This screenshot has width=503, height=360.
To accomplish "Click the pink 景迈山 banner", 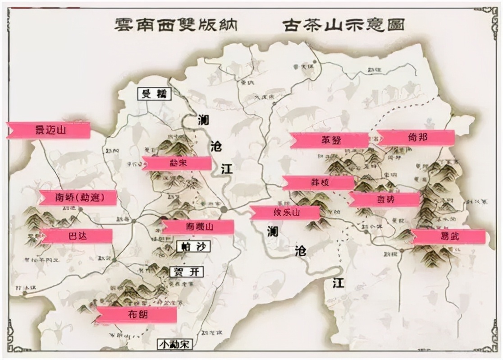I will coord(49,130).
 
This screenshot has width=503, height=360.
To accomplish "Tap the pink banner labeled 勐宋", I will coord(177,163).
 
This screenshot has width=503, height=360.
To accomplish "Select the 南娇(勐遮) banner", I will coord(78,198).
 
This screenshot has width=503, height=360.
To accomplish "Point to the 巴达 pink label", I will coord(76,236).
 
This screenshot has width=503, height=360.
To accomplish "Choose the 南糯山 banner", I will coord(198,227).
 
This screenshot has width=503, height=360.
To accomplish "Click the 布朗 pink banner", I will coord(136,315).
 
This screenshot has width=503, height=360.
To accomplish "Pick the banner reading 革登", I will coord(329,140).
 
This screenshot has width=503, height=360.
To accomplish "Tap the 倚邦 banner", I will coord(416,138).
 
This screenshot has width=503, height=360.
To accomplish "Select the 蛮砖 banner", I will coord(384,199).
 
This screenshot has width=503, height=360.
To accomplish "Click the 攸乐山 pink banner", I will coord(285,212).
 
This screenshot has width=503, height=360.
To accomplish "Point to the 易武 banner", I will coord(448,236).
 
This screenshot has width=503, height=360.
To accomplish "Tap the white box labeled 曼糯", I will coord(154,94).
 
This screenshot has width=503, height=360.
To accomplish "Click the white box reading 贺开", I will coord(186,272).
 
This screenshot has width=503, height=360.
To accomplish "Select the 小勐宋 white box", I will coord(175,344).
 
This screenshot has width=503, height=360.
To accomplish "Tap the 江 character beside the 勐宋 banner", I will coord(227,169).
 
